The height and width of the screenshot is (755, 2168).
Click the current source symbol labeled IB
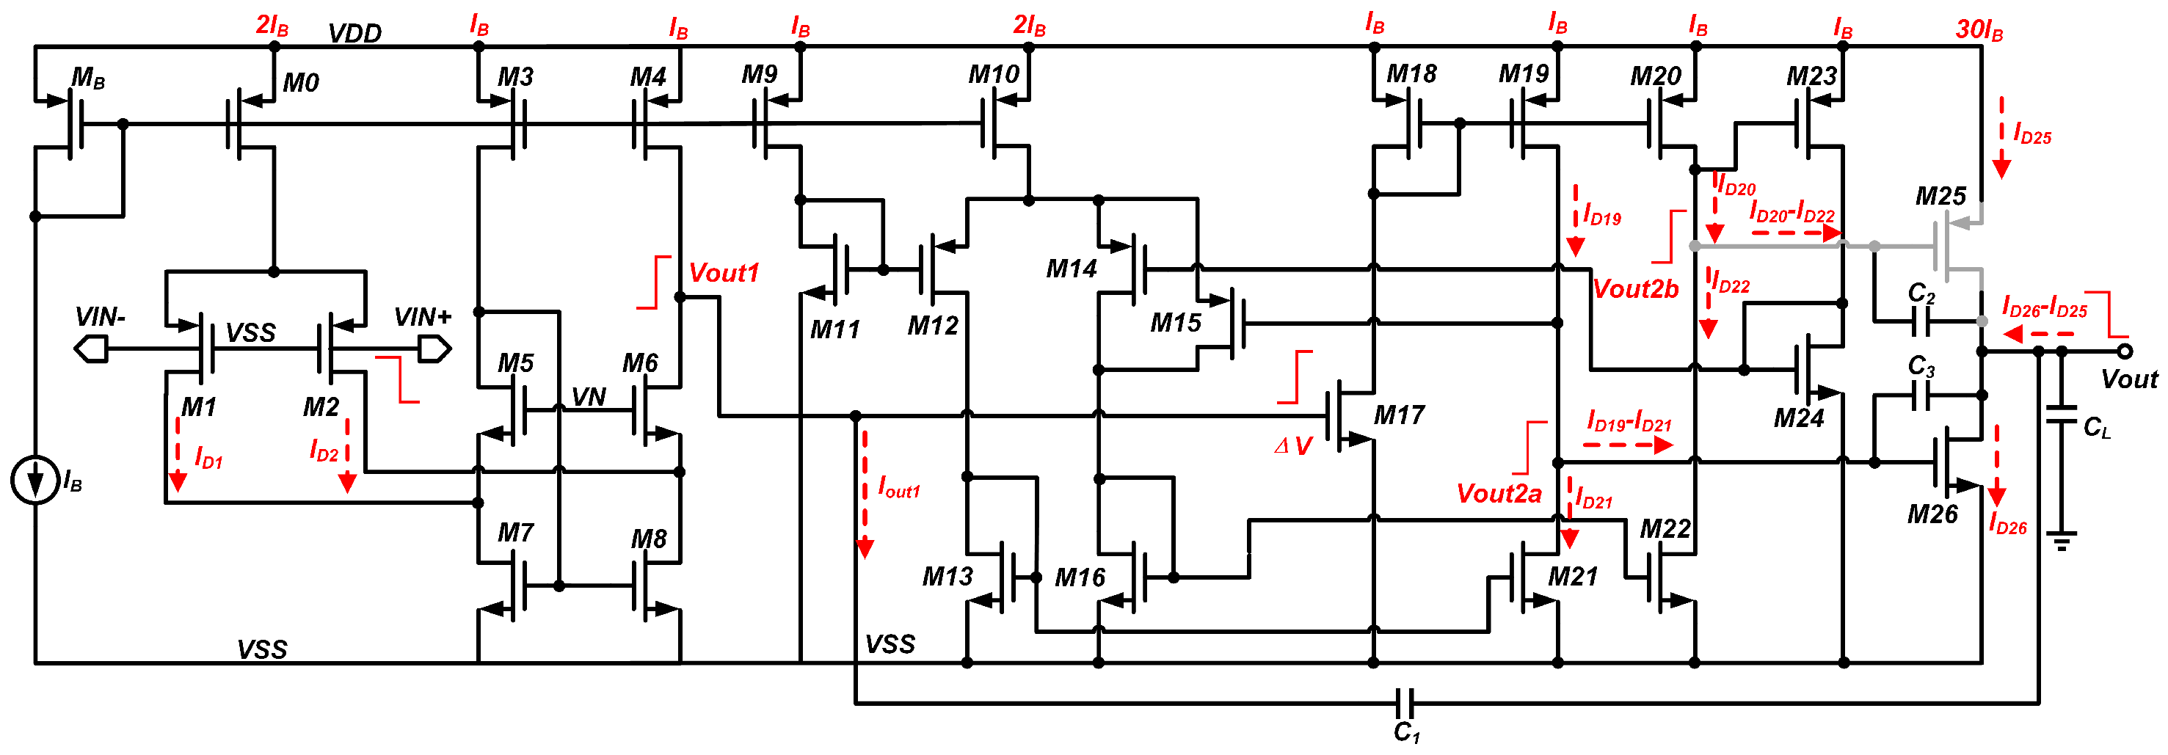tap(34, 481)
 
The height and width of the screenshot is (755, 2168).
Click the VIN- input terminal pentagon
tap(91, 349)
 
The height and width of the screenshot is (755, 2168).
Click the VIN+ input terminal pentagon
tap(434, 349)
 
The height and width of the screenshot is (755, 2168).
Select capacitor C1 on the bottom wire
tap(1405, 702)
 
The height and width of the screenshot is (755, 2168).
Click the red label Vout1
tap(724, 273)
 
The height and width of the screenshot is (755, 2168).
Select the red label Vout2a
tap(1499, 493)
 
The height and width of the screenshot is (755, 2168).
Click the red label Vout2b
tap(1635, 288)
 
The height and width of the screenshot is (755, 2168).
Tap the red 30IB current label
tap(1979, 30)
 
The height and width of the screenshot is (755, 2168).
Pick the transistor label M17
tap(1400, 415)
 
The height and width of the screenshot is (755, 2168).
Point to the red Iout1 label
tap(899, 487)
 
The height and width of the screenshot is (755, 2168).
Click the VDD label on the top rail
tap(354, 34)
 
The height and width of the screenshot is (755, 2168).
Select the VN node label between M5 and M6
tap(589, 396)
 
